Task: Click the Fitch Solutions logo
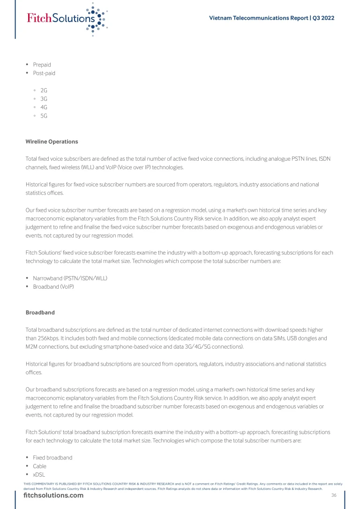tap(67, 18)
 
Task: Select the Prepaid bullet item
tap(42, 65)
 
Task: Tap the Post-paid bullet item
tap(44, 73)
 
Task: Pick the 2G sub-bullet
tap(44, 90)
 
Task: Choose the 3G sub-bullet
tap(44, 98)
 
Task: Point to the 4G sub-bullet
tap(44, 107)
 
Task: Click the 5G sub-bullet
tap(44, 115)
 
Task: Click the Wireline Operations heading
tap(52, 142)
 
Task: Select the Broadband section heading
tap(40, 312)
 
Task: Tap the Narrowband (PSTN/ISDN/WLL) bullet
tap(70, 278)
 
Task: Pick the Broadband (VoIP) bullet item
tap(53, 287)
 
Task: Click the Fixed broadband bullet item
tap(52, 457)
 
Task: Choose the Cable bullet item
tap(39, 466)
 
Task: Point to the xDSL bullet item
tap(39, 475)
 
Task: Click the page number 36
tap(334, 495)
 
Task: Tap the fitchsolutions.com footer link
tap(53, 495)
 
